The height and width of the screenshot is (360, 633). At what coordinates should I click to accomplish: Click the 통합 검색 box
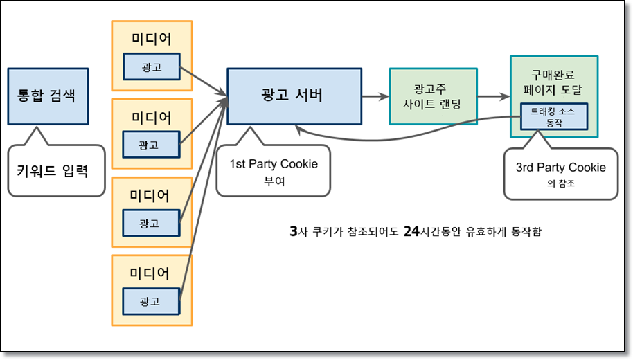pos(48,96)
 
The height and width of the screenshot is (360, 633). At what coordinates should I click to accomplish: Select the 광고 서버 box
pos(294,96)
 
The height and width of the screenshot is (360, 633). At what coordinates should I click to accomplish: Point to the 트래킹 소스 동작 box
pos(553,116)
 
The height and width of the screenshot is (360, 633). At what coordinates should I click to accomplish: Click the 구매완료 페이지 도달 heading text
pos(553,80)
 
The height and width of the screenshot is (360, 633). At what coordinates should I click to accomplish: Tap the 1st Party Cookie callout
pos(274,172)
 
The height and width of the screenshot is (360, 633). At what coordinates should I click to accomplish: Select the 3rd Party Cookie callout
pos(560,174)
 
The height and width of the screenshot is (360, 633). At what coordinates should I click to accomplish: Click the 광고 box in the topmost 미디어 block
pos(152,67)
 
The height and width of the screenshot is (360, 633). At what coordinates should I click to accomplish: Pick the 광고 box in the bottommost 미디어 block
pos(152,301)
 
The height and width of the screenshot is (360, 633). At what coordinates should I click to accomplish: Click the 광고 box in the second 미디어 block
pos(152,145)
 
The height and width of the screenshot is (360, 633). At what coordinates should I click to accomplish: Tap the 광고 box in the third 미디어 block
pos(152,224)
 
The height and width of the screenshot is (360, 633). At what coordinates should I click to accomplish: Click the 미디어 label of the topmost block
pos(151,39)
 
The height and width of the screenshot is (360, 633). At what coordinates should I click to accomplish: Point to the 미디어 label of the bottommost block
pos(151,273)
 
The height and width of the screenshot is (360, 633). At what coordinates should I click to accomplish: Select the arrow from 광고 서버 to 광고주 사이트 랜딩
pos(375,97)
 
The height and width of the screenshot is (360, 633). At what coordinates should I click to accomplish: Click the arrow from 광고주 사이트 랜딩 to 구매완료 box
pos(493,97)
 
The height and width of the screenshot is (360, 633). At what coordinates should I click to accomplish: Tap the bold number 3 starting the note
pos(294,231)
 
